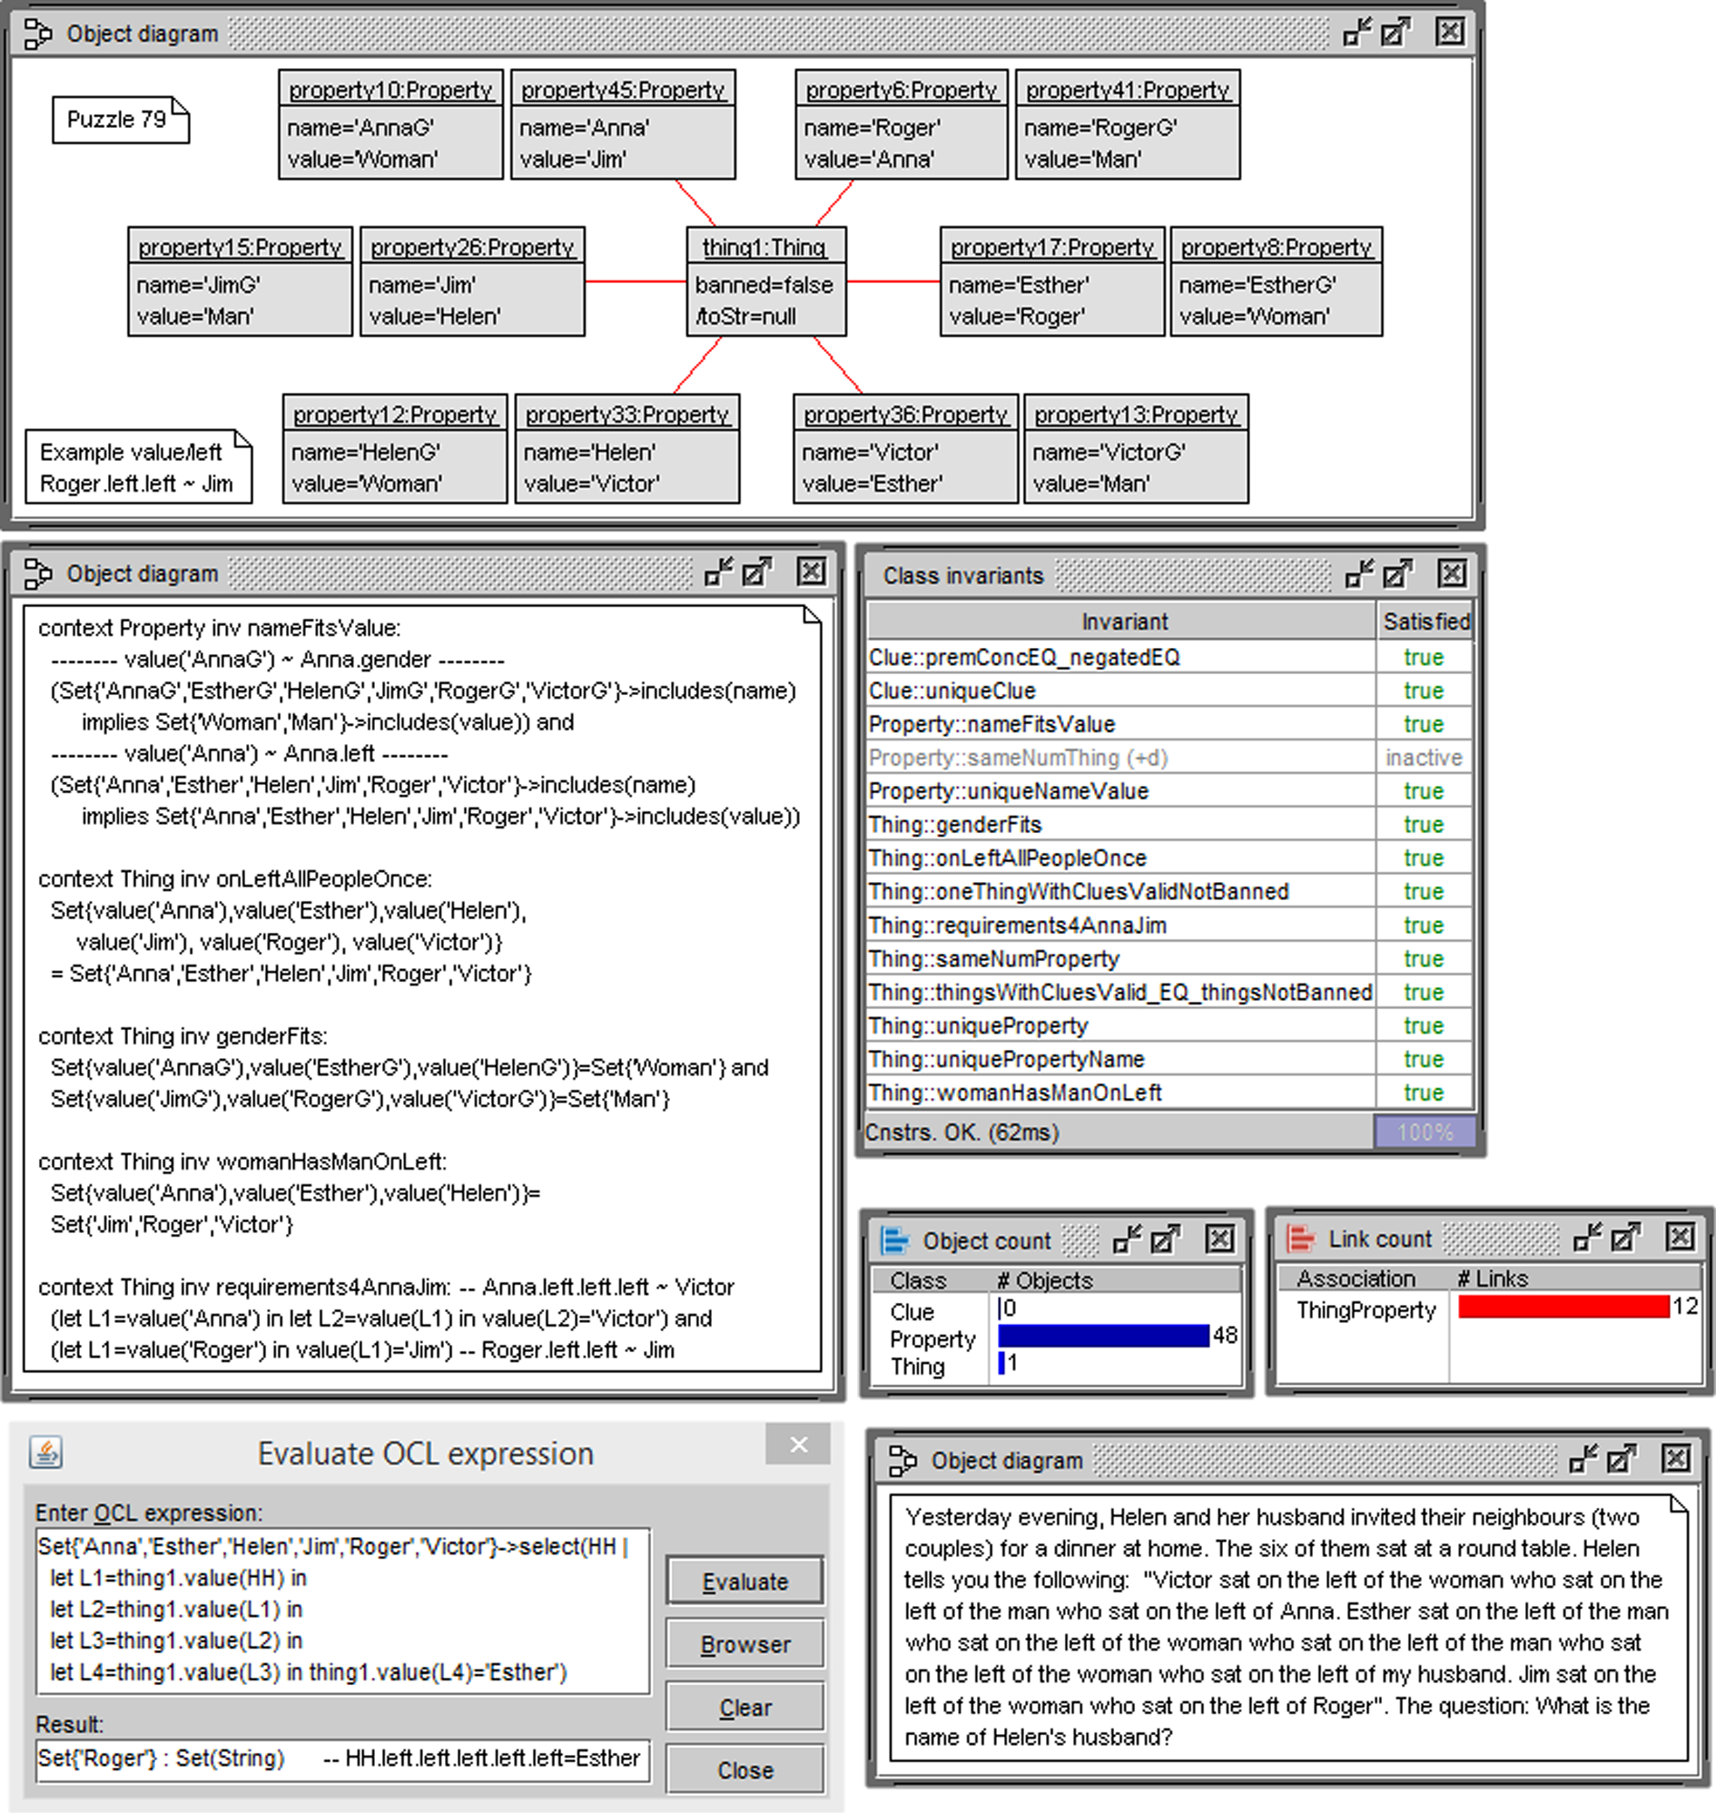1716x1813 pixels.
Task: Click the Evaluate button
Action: coord(745,1582)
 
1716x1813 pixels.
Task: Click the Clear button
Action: coord(745,1707)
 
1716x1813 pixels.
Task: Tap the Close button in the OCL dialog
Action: coord(745,1770)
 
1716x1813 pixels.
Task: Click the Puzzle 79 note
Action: coord(119,120)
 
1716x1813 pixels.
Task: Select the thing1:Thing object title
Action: coord(764,247)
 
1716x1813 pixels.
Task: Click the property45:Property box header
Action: coord(622,90)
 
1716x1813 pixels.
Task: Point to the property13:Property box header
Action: coord(1135,414)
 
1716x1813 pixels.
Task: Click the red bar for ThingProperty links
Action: coord(1563,1307)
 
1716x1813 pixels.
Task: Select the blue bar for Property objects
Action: coord(1103,1336)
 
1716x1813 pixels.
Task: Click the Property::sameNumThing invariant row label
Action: coord(1017,758)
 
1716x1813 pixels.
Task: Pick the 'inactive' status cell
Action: coord(1424,758)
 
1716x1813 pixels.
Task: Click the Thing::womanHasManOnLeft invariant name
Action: coord(1014,1093)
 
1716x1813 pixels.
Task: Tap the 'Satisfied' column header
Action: coord(1425,622)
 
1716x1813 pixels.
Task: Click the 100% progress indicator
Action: coord(1425,1132)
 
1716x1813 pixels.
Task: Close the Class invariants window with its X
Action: coord(1452,574)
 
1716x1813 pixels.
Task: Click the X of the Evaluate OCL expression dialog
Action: coord(799,1445)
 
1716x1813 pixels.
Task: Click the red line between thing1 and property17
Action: coord(893,281)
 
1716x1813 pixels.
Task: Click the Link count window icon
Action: coord(1300,1239)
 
